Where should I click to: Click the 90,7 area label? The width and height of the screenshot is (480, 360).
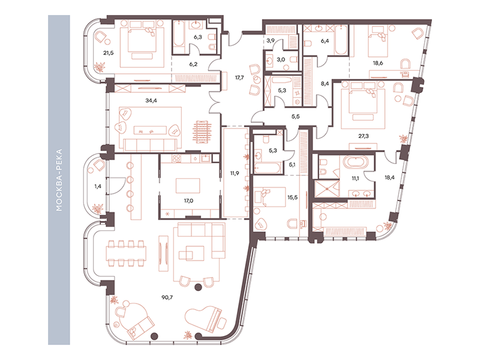tap(167, 297)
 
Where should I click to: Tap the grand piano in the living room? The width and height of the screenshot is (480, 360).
tap(205, 319)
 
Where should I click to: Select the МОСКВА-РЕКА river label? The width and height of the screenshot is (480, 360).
tap(59, 180)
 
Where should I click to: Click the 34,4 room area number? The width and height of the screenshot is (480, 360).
tap(151, 100)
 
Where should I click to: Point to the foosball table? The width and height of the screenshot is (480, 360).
tap(202, 131)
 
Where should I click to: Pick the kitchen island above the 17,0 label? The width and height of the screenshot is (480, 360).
tap(188, 186)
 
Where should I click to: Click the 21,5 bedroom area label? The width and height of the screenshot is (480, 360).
tap(109, 53)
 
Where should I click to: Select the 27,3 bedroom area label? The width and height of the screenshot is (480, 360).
tap(364, 136)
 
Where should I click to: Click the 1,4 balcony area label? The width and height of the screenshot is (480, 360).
tap(98, 186)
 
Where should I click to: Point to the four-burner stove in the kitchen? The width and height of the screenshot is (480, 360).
tap(176, 158)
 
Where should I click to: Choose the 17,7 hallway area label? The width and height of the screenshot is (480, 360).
tap(239, 78)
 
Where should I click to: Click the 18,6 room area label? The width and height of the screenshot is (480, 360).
tap(378, 63)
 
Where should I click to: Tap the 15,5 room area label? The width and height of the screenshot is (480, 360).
tap(292, 197)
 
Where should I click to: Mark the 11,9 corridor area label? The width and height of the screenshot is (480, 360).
tap(235, 173)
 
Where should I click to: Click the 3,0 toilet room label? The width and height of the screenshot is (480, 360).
tap(281, 59)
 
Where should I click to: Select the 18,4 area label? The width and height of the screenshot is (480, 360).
tap(389, 177)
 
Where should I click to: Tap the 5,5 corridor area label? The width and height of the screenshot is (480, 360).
tap(295, 116)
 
